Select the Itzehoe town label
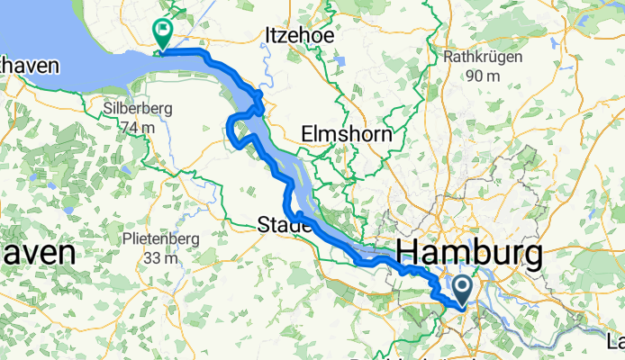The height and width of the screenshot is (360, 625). pyautogui.click(x=300, y=36)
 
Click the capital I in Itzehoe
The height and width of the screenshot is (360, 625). pyautogui.click(x=268, y=36)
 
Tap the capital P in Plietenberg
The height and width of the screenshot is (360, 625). pyautogui.click(x=124, y=241)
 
